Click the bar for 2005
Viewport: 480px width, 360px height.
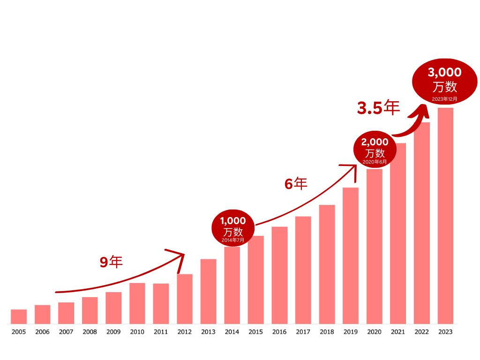pyautogui.click(x=19, y=316)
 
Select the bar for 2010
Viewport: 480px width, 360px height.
pyautogui.click(x=137, y=303)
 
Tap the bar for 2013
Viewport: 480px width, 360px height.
pyautogui.click(x=208, y=291)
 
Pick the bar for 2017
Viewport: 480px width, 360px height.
pyautogui.click(x=303, y=270)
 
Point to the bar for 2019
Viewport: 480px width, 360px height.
pyautogui.click(x=351, y=255)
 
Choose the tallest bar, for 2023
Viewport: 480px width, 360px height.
pyautogui.click(x=445, y=216)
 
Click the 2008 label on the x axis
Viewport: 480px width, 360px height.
pyautogui.click(x=90, y=332)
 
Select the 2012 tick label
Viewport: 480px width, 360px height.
pyautogui.click(x=185, y=332)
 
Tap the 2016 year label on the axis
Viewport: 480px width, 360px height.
pyautogui.click(x=279, y=332)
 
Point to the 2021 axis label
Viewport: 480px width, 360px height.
pyautogui.click(x=398, y=332)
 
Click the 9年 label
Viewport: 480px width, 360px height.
pyautogui.click(x=111, y=262)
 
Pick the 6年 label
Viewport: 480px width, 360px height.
pyautogui.click(x=296, y=184)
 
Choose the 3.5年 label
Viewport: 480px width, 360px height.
pyautogui.click(x=378, y=108)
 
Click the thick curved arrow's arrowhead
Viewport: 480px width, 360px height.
pyautogui.click(x=422, y=111)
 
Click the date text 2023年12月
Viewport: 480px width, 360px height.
pyautogui.click(x=444, y=99)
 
